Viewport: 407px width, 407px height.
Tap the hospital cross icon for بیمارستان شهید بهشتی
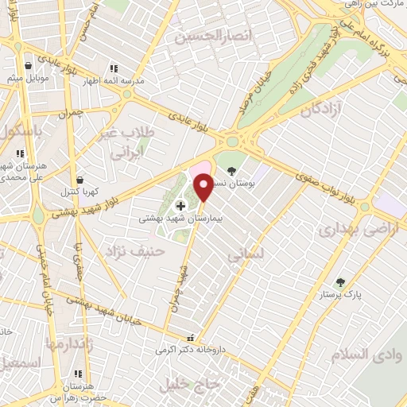click(180, 205)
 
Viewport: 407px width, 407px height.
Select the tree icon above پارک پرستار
click(341, 281)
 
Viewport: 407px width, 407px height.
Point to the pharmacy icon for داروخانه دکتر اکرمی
click(189, 337)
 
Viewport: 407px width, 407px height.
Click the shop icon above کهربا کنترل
click(79, 180)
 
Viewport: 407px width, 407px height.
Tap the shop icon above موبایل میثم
click(29, 66)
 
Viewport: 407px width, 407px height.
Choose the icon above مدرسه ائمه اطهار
click(114, 68)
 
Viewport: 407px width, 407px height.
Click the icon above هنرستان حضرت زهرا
click(78, 373)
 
